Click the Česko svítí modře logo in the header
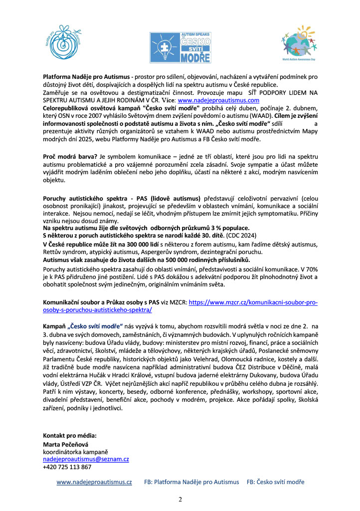point(180,47)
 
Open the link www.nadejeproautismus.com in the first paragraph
point(214,100)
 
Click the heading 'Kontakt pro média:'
point(70,436)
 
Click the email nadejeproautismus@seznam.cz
point(86,459)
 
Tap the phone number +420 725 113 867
point(67,467)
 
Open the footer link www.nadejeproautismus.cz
point(94,482)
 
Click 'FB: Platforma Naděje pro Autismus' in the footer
point(191,482)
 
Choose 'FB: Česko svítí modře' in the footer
point(275,482)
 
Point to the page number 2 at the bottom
point(180,499)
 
